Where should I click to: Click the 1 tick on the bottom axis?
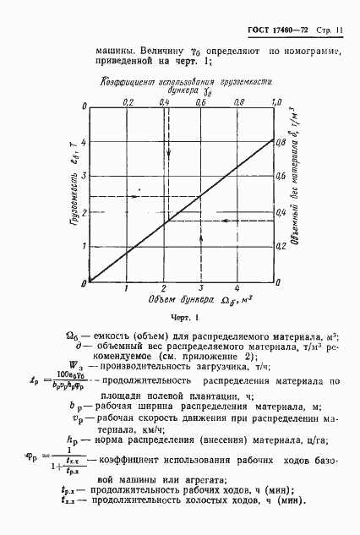[x=127, y=288]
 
